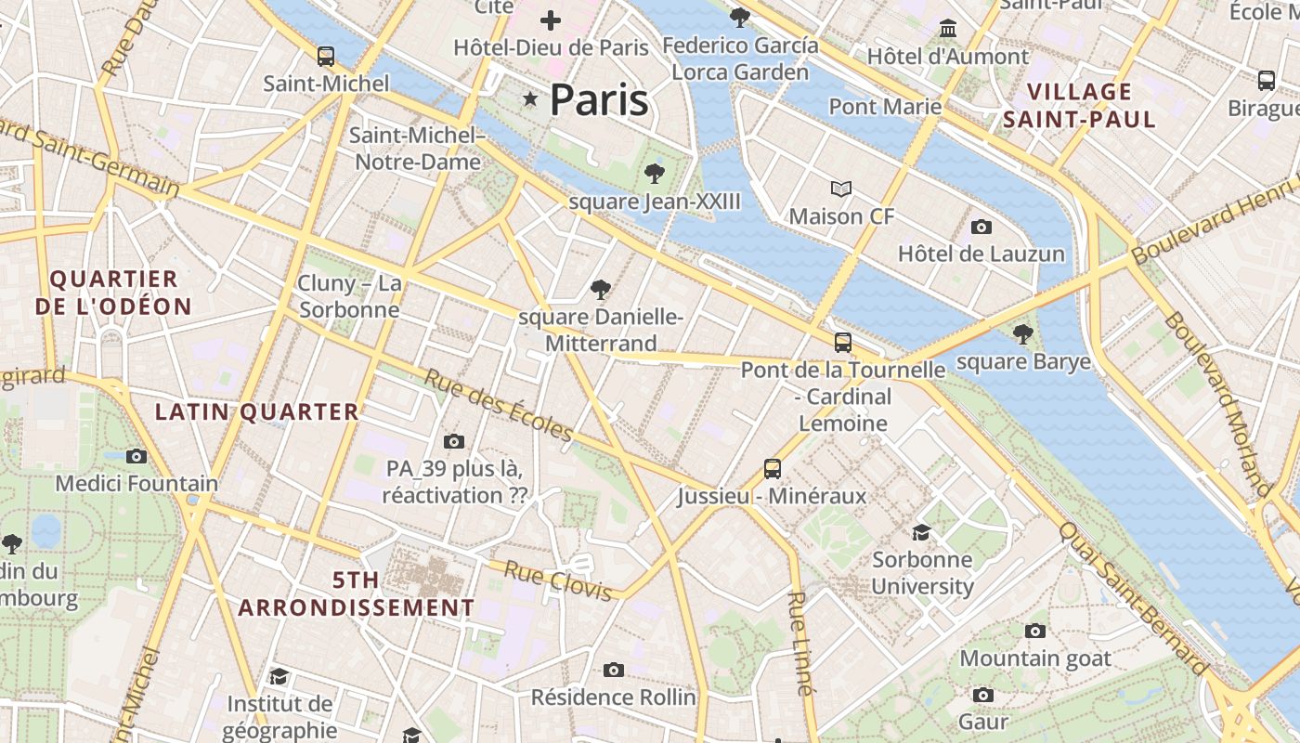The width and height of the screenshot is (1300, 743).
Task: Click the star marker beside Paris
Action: pyautogui.click(x=530, y=98)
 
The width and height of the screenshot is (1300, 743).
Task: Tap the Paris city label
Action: pyautogui.click(x=599, y=100)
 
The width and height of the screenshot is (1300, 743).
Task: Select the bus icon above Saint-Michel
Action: pyautogui.click(x=325, y=56)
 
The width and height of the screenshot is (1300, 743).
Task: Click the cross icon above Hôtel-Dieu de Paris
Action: pyautogui.click(x=551, y=20)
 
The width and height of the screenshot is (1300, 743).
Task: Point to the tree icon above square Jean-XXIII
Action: pyautogui.click(x=655, y=173)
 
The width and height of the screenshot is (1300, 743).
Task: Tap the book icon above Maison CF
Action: pyautogui.click(x=841, y=189)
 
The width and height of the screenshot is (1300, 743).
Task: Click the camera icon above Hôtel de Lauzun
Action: pyautogui.click(x=981, y=227)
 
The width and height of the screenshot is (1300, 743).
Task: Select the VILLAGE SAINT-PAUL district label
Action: pyautogui.click(x=1080, y=105)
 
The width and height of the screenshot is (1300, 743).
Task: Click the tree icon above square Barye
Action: pyautogui.click(x=1023, y=334)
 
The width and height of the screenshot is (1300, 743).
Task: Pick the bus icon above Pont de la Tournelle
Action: pyautogui.click(x=843, y=342)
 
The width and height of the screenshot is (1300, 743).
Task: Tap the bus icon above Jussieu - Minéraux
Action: pyautogui.click(x=772, y=468)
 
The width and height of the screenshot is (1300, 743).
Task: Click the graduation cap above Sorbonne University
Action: pyautogui.click(x=921, y=532)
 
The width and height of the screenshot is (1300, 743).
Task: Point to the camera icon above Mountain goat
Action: pyautogui.click(x=1035, y=631)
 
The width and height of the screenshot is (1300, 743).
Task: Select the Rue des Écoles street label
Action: pyautogui.click(x=499, y=405)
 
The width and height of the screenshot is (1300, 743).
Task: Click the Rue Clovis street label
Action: pyautogui.click(x=557, y=580)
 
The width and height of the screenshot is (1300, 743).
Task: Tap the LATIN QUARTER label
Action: pyautogui.click(x=256, y=411)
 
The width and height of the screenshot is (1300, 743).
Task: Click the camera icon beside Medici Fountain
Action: pyautogui.click(x=136, y=456)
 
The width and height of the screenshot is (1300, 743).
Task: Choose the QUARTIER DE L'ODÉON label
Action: pyautogui.click(x=113, y=293)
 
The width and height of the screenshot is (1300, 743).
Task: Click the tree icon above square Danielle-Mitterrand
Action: pyautogui.click(x=601, y=290)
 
